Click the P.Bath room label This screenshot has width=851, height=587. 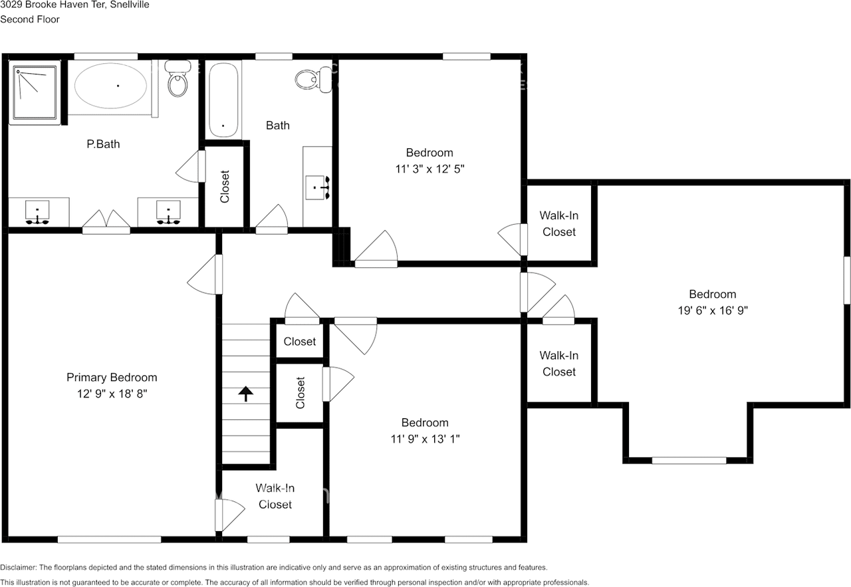coord(103,144)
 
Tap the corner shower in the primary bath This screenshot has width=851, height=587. coord(35,92)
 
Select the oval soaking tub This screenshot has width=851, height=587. coord(110,86)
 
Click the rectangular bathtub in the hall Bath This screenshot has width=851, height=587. coord(223,100)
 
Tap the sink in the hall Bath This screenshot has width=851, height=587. coord(318,187)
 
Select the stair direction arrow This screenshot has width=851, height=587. coord(246,394)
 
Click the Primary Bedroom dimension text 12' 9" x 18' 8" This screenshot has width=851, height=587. coord(112,394)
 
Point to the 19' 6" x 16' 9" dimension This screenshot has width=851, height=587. coord(713,310)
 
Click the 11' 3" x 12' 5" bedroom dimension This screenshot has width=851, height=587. coord(429,169)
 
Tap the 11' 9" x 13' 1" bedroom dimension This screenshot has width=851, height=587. coord(425,439)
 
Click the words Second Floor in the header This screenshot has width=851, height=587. coord(30,19)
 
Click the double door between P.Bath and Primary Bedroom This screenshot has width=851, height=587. coord(106,223)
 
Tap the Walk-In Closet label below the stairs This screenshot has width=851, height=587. coord(275,496)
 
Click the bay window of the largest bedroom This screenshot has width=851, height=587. coord(689,461)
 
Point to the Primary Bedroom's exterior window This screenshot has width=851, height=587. coord(110,540)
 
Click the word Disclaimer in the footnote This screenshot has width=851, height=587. coord(18,568)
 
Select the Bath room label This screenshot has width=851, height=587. coord(278,126)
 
